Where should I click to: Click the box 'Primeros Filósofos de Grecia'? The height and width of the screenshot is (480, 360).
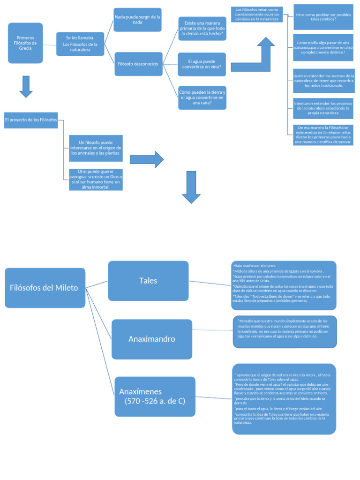25,43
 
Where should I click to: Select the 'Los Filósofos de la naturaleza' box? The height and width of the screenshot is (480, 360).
80,44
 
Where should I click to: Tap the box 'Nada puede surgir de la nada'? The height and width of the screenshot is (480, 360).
137,20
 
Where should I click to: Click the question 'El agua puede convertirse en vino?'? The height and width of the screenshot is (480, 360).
202,64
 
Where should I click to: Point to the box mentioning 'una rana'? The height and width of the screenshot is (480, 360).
202,97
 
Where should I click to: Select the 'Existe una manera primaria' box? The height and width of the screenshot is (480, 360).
202,29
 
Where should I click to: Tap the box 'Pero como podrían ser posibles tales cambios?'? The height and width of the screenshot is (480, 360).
323,17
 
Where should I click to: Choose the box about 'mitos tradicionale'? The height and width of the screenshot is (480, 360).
323,81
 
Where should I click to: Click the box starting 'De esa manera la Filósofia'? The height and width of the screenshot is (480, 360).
323,135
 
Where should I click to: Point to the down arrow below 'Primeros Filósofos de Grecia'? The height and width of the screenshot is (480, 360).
26,87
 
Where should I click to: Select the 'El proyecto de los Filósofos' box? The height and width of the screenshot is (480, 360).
31,120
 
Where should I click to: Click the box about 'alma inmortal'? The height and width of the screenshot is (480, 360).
96,180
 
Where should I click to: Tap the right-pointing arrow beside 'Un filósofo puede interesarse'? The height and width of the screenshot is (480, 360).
147,160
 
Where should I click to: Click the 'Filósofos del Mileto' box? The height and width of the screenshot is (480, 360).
45,288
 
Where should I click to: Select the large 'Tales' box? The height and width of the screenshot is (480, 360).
148,281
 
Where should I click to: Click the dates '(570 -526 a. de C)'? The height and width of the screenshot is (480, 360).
155,401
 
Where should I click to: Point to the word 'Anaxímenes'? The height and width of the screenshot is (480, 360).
140,391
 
